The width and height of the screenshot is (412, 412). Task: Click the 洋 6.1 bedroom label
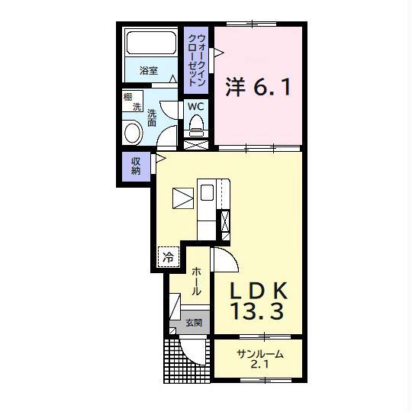pyautogui.click(x=259, y=87)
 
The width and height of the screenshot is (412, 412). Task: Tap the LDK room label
pyautogui.click(x=259, y=290)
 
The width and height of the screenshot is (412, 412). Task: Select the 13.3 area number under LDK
pyautogui.click(x=258, y=311)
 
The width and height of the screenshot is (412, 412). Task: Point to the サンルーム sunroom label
pyautogui.click(x=260, y=355)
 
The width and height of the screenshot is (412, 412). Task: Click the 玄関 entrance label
pyautogui.click(x=194, y=323)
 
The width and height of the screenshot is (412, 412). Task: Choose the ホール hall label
pyautogui.click(x=196, y=282)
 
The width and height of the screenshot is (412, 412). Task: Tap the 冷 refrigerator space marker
pyautogui.click(x=168, y=257)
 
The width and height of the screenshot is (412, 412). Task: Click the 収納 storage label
pyautogui.click(x=136, y=166)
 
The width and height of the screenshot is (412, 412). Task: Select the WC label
pyautogui.click(x=196, y=107)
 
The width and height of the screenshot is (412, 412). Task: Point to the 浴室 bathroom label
pyautogui.click(x=149, y=70)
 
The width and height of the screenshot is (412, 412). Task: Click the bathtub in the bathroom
pyautogui.click(x=151, y=43)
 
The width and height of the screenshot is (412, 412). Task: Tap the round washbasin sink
pyautogui.click(x=132, y=133)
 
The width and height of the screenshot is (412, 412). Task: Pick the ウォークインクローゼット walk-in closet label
pyautogui.click(x=197, y=60)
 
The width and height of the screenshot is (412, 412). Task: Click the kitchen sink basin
pyautogui.click(x=207, y=192)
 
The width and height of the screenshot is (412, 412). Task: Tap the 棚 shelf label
pyautogui.click(x=128, y=97)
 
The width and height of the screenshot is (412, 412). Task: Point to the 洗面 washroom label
pyautogui.click(x=152, y=118)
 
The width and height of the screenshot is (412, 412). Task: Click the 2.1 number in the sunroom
pyautogui.click(x=259, y=365)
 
